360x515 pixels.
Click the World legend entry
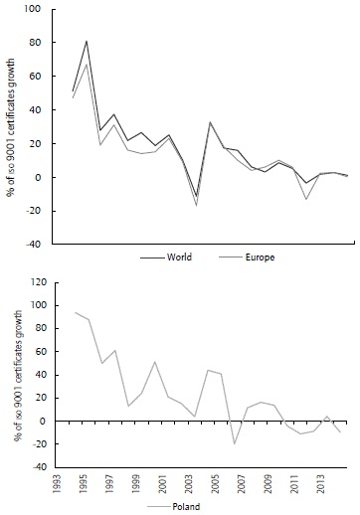pos(175,256)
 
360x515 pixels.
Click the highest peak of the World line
pos(87,42)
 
